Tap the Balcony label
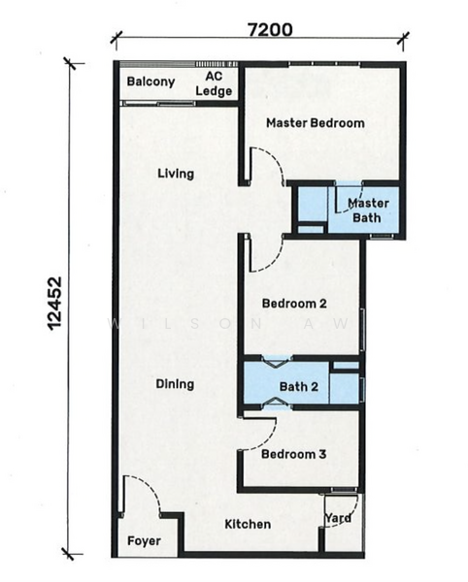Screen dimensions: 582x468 (150, 82)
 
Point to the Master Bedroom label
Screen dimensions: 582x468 (315, 123)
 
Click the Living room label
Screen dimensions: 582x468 (176, 175)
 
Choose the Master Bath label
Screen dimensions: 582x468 (368, 210)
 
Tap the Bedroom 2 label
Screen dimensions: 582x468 (293, 304)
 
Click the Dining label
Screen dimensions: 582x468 (175, 384)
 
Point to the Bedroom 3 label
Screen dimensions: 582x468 (293, 454)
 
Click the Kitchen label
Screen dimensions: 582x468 (248, 525)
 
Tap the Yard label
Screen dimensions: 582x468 (338, 518)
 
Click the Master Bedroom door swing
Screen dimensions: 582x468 (265, 166)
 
